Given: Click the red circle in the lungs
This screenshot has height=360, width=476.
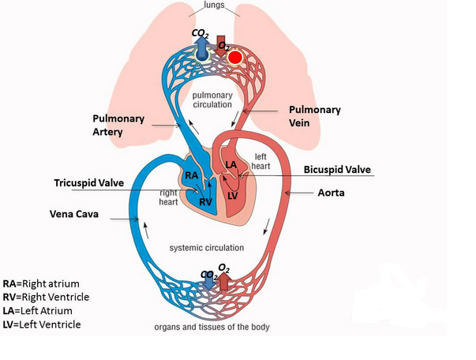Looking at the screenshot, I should pyautogui.click(x=234, y=56).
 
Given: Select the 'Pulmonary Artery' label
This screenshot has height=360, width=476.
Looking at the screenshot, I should pyautogui.click(x=119, y=126).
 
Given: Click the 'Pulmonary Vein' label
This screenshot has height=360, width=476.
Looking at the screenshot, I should pyautogui.click(x=315, y=117).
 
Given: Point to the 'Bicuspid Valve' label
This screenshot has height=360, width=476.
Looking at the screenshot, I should pyautogui.click(x=337, y=170).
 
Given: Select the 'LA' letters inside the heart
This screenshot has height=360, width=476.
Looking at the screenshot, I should pyautogui.click(x=231, y=164).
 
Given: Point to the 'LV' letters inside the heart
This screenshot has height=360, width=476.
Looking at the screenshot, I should pyautogui.click(x=234, y=194).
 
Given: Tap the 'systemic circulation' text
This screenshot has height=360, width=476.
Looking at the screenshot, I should pyautogui.click(x=207, y=247).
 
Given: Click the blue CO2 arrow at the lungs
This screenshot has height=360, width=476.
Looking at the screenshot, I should pyautogui.click(x=202, y=49).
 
